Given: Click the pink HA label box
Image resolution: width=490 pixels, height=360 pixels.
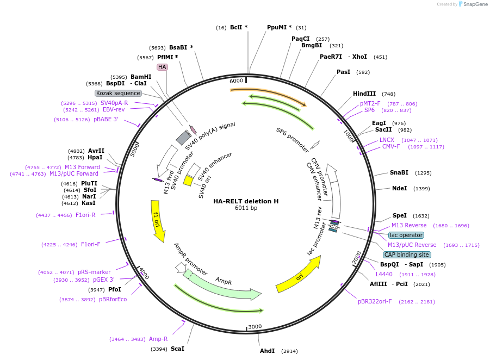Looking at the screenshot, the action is pyautogui.click(x=162, y=67).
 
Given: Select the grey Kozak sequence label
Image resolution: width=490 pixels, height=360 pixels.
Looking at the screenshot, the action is pyautogui.click(x=118, y=93).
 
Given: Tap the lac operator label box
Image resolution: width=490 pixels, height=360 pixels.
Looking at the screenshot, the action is pyautogui.click(x=406, y=235).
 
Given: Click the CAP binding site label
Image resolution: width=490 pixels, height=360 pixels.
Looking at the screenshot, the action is pyautogui.click(x=407, y=255).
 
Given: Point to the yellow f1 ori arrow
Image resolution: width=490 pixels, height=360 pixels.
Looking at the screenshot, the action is pyautogui.click(x=157, y=220).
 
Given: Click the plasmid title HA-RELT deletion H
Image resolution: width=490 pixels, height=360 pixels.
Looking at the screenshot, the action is pyautogui.click(x=246, y=201).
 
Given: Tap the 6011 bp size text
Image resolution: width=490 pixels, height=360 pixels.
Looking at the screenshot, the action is pyautogui.click(x=246, y=208).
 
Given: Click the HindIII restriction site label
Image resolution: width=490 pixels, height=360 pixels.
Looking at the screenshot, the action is pyautogui.click(x=364, y=94).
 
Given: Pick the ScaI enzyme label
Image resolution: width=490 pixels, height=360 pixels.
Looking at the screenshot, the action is pyautogui.click(x=177, y=349).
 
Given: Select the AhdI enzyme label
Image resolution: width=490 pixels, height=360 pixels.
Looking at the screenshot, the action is pyautogui.click(x=267, y=351).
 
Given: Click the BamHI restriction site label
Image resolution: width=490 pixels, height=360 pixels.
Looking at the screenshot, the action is pyautogui.click(x=141, y=77).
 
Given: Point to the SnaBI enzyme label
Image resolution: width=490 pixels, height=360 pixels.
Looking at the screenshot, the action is pyautogui.click(x=399, y=172).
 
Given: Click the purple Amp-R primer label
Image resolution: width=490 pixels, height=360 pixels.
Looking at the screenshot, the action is pyautogui.click(x=158, y=339).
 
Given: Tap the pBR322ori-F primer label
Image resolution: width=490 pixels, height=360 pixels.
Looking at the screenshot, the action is pyautogui.click(x=375, y=302).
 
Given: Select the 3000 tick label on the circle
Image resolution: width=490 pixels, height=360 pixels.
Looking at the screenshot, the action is pyautogui.click(x=255, y=327).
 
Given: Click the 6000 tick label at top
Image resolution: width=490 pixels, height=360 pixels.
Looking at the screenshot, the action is pyautogui.click(x=236, y=80).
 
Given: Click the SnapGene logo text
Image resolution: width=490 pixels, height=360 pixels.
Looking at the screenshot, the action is pyautogui.click(x=475, y=4).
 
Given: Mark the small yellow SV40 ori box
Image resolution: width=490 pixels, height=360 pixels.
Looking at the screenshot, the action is pyautogui.click(x=188, y=181).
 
